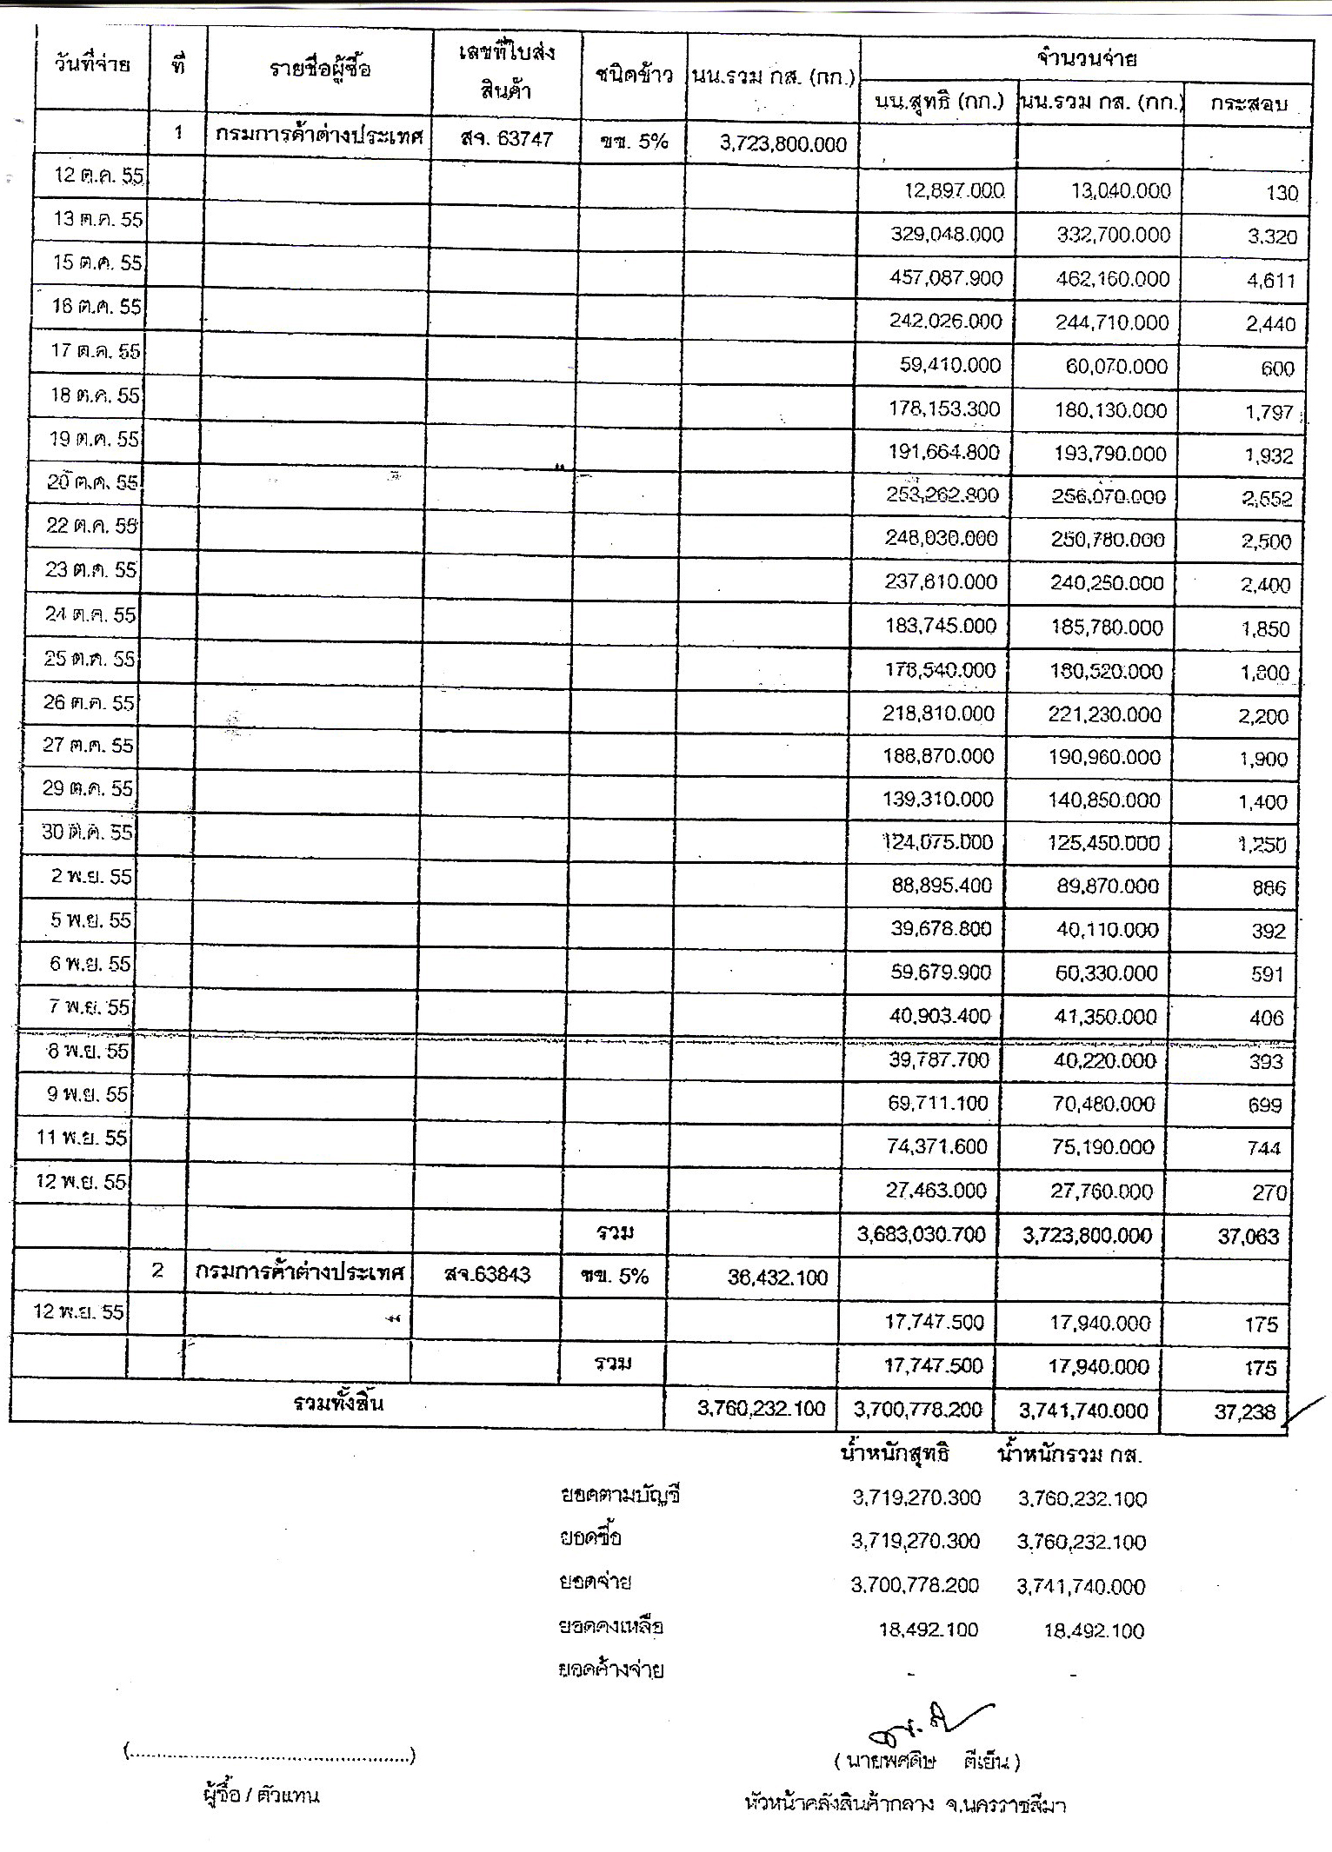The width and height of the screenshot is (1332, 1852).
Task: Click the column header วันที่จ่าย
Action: (x=91, y=65)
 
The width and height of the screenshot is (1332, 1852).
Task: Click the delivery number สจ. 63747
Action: (x=507, y=139)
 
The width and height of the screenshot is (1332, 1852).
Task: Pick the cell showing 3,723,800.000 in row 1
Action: (x=783, y=144)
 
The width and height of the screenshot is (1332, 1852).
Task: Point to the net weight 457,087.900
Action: (x=945, y=279)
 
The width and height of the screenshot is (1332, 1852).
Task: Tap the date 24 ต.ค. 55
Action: (x=90, y=615)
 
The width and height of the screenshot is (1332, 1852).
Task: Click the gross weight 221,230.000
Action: (x=1105, y=714)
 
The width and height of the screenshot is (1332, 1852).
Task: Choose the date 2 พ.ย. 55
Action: (x=90, y=876)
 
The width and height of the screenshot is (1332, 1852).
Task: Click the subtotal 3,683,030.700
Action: (x=921, y=1235)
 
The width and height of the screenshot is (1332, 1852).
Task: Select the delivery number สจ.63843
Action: (x=487, y=1275)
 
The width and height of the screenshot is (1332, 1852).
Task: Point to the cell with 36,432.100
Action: (x=777, y=1278)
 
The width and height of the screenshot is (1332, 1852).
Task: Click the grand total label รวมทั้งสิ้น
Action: (x=338, y=1403)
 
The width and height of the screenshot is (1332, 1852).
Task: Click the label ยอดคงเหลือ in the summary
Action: (x=611, y=1626)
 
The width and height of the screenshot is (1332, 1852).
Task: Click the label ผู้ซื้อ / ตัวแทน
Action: (x=260, y=1795)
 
